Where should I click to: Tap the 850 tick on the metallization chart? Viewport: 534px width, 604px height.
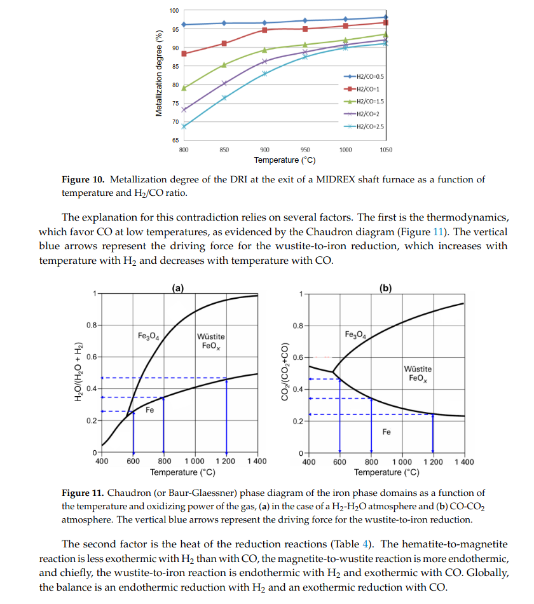[224, 149]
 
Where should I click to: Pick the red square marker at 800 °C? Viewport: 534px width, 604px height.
[184, 53]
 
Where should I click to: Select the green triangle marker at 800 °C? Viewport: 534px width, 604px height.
[184, 88]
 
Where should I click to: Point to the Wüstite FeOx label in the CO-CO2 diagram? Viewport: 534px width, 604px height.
[418, 374]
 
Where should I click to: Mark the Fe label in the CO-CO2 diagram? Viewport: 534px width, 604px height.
[387, 432]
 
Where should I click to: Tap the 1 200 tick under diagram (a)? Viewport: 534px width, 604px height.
[226, 462]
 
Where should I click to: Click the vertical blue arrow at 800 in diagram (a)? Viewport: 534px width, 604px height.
[164, 426]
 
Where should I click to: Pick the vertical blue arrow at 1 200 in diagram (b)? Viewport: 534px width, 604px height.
[433, 432]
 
